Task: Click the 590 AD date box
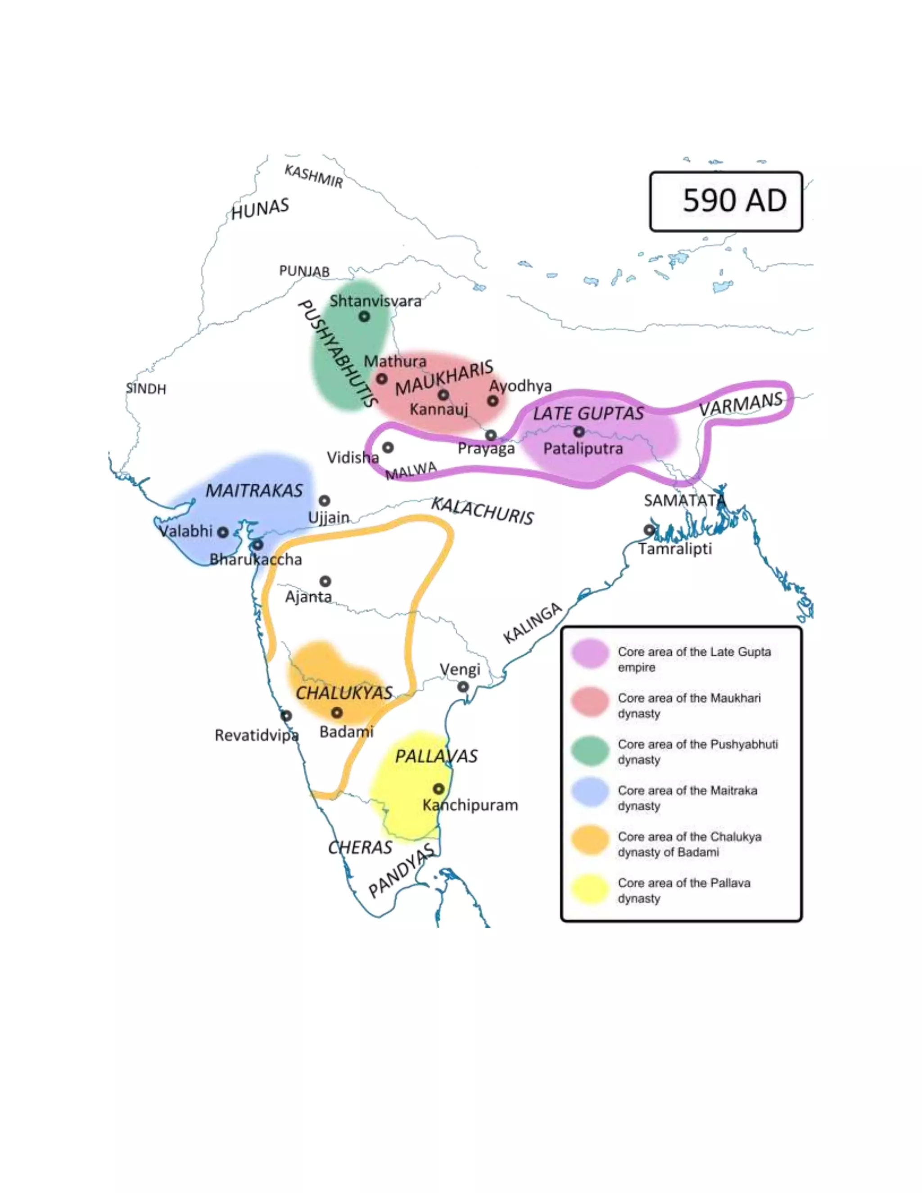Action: pyautogui.click(x=725, y=201)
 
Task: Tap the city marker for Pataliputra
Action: pyautogui.click(x=579, y=432)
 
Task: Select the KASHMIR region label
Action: pyautogui.click(x=313, y=176)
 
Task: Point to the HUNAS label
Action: pyautogui.click(x=260, y=209)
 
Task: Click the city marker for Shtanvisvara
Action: pyautogui.click(x=364, y=316)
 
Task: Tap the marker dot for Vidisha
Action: pyautogui.click(x=388, y=447)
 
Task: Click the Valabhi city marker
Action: pyautogui.click(x=223, y=532)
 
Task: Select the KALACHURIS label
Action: pyautogui.click(x=482, y=511)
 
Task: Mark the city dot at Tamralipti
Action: pyautogui.click(x=649, y=529)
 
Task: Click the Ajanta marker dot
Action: pyautogui.click(x=325, y=581)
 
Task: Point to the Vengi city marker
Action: pyautogui.click(x=463, y=687)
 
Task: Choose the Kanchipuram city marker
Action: pyautogui.click(x=438, y=789)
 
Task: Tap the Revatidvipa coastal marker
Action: pyautogui.click(x=286, y=716)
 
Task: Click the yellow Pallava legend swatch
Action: pyautogui.click(x=590, y=890)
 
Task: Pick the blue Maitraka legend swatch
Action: pyautogui.click(x=590, y=798)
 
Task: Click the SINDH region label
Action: pyautogui.click(x=146, y=389)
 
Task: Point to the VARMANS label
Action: pyautogui.click(x=741, y=404)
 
